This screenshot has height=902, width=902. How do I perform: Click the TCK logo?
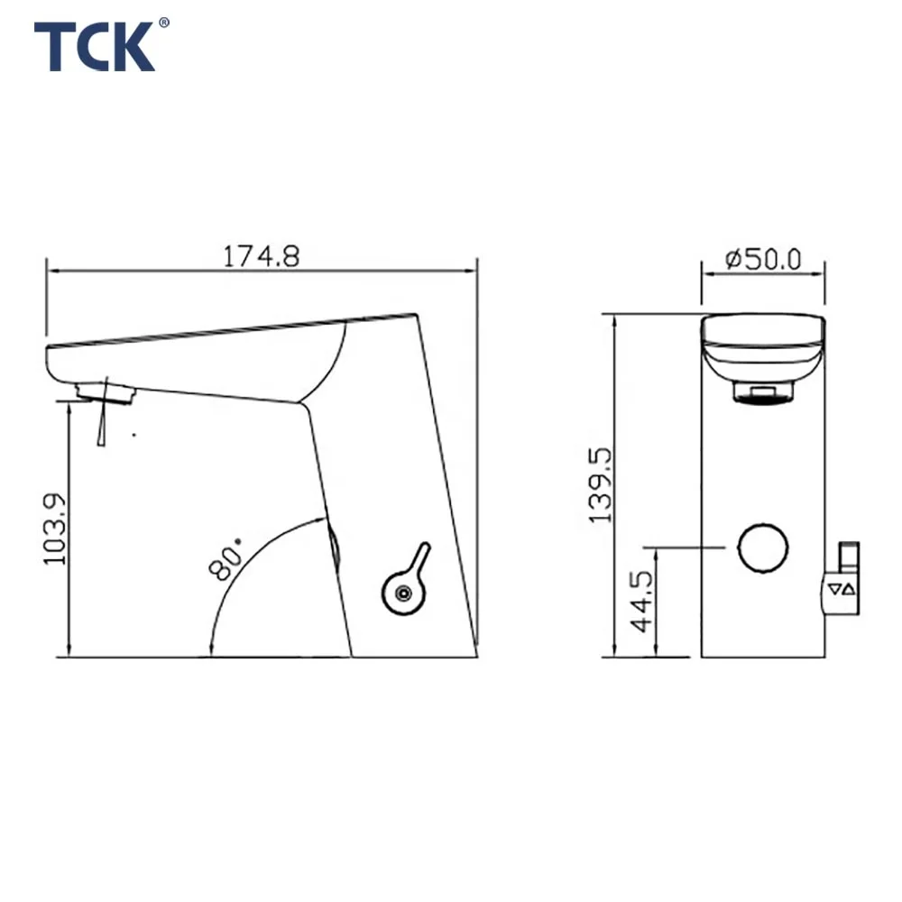click(94, 47)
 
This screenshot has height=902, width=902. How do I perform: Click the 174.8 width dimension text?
click(261, 257)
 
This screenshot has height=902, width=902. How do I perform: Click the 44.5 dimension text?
click(643, 601)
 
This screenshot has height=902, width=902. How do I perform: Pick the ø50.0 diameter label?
click(763, 259)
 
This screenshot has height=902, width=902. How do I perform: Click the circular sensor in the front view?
click(763, 547)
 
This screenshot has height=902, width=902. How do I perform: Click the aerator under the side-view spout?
click(106, 391)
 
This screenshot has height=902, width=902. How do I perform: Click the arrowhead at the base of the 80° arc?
click(210, 644)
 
